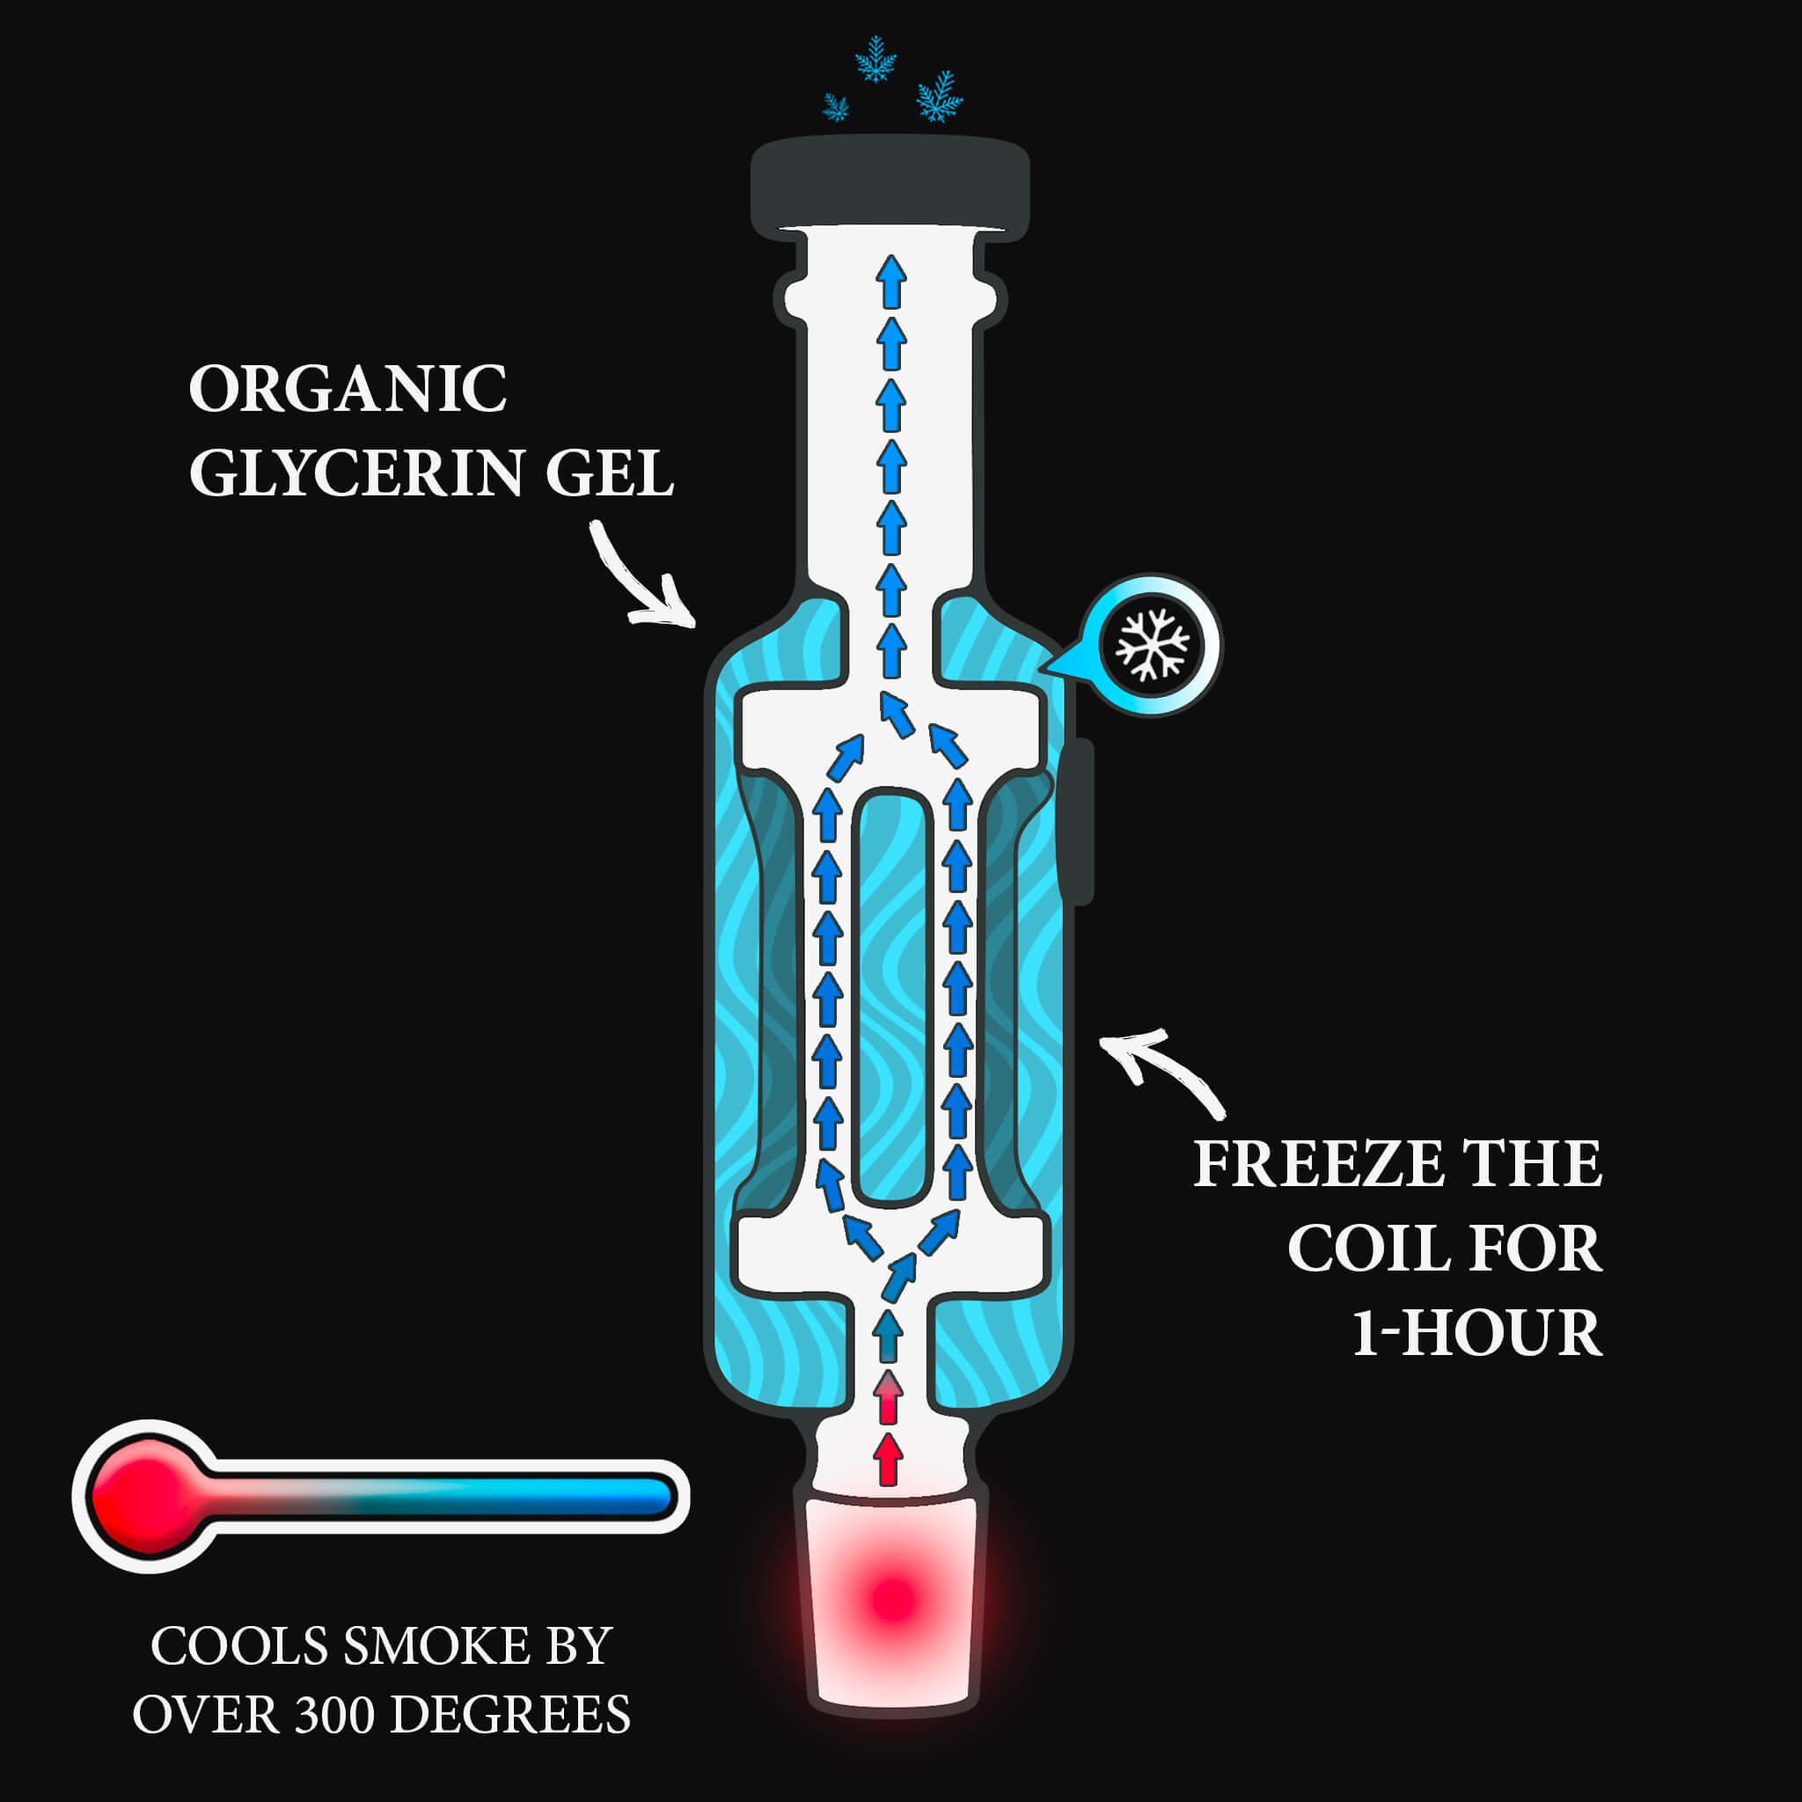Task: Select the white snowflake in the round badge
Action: pos(1154,644)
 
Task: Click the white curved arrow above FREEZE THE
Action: pos(1162,1069)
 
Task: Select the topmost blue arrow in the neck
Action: pos(892,280)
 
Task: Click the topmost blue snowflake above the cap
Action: pos(875,58)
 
